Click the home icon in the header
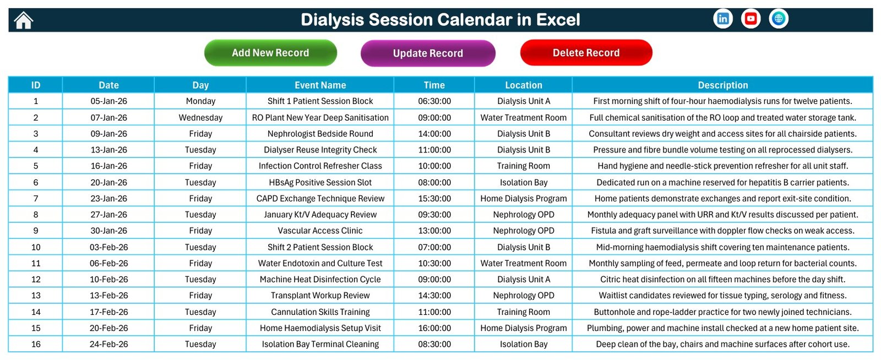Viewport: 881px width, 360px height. [24, 20]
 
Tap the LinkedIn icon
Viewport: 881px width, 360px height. [723, 19]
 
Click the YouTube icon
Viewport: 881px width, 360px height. [751, 19]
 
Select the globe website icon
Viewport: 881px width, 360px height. [779, 19]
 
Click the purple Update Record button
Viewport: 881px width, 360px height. [428, 53]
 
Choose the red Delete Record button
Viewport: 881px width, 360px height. [586, 53]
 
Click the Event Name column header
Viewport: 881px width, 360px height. [320, 85]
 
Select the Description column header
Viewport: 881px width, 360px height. [722, 85]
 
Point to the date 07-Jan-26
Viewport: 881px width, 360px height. [108, 117]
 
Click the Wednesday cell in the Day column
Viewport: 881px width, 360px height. [200, 117]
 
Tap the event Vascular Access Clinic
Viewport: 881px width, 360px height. [320, 231]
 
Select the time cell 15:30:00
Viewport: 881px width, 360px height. [434, 199]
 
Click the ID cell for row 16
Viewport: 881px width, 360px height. [36, 344]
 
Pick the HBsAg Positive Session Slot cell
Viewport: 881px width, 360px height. [320, 182]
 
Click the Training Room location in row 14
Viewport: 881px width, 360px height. [523, 312]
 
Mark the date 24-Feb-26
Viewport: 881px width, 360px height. [108, 344]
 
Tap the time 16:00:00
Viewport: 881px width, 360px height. [434, 328]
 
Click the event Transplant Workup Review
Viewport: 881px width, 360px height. [320, 296]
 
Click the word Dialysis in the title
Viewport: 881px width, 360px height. [333, 20]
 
